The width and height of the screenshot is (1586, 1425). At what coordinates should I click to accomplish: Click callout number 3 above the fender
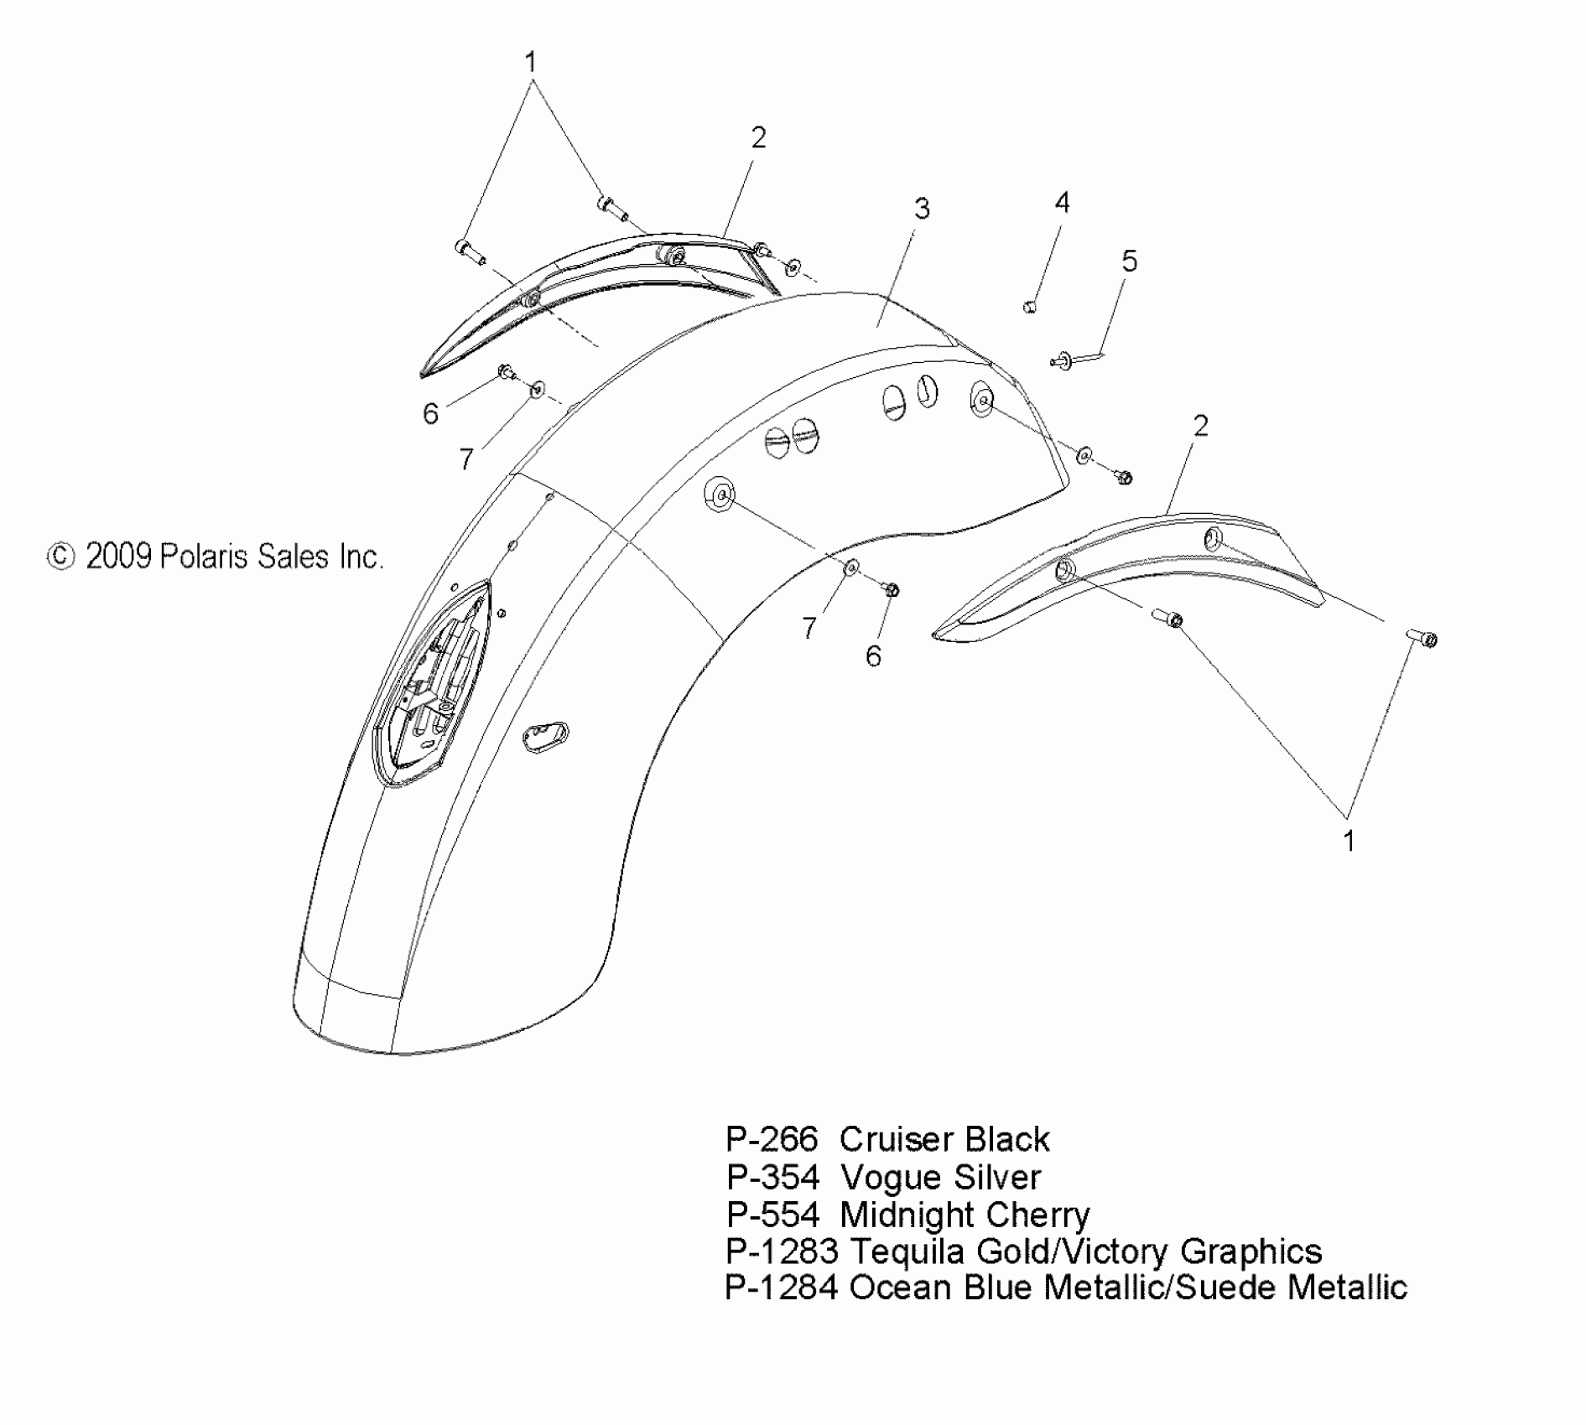pyautogui.click(x=922, y=209)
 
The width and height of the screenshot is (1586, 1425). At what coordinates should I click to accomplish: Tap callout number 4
pyautogui.click(x=1062, y=203)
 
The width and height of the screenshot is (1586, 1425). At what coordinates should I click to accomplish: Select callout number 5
pyautogui.click(x=1129, y=262)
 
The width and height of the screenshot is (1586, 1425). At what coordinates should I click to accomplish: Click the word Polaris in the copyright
pyautogui.click(x=200, y=556)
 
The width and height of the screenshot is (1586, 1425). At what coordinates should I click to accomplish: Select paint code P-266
pyautogui.click(x=771, y=1139)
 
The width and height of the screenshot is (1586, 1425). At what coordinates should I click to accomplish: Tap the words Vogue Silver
pyautogui.click(x=940, y=1177)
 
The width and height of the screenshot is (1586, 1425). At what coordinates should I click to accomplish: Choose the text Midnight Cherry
pyautogui.click(x=965, y=1214)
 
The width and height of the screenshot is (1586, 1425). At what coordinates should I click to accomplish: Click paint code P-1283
pyautogui.click(x=781, y=1251)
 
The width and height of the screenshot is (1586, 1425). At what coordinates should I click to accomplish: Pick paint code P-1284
pyautogui.click(x=781, y=1288)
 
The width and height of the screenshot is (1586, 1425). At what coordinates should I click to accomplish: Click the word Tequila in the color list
pyautogui.click(x=907, y=1251)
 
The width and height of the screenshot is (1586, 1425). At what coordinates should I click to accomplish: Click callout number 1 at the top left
pyautogui.click(x=530, y=62)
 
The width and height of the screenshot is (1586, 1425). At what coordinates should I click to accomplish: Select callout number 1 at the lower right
pyautogui.click(x=1349, y=841)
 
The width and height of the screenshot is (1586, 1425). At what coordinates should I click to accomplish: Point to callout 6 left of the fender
pyautogui.click(x=430, y=413)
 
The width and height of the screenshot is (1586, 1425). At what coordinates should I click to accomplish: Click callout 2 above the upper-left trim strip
pyautogui.click(x=758, y=137)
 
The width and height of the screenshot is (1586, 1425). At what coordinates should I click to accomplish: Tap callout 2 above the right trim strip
pyautogui.click(x=1200, y=426)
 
